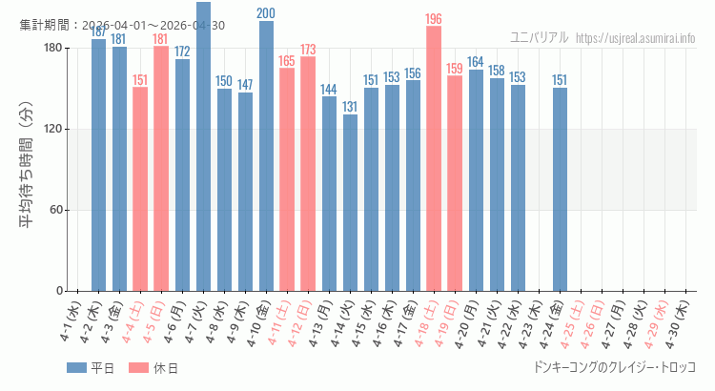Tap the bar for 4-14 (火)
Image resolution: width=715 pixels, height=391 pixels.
(350, 202)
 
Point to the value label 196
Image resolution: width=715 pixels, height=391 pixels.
(434, 19)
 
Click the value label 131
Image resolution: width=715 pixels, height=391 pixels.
(350, 107)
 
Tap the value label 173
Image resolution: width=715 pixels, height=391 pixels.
(308, 50)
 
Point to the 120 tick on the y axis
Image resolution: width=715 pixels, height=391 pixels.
(52, 129)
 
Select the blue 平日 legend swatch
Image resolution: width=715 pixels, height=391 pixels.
(76, 368)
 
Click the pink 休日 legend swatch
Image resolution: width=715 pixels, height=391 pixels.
(138, 368)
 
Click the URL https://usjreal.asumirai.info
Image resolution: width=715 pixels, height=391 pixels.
(636, 37)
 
